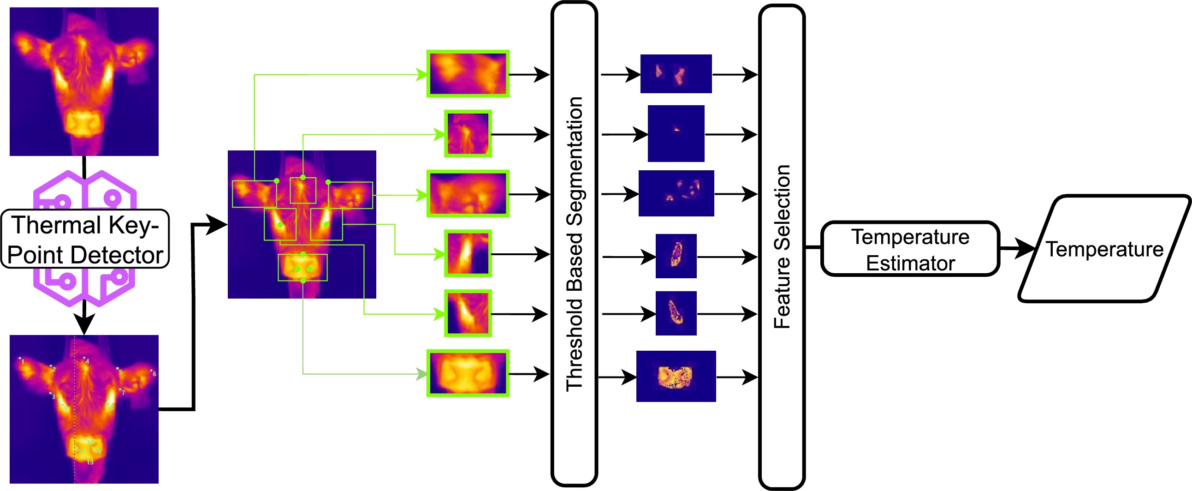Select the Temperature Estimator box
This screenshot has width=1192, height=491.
tap(910, 249)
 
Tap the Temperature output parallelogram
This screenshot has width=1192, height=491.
tap(1104, 249)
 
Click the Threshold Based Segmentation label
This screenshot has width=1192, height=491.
tap(574, 244)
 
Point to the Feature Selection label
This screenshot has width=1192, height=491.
tap(782, 247)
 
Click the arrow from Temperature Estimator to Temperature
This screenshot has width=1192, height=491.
tap(1018, 249)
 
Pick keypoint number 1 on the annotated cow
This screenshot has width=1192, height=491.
tap(20, 359)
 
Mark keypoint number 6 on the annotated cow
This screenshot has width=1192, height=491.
tap(151, 371)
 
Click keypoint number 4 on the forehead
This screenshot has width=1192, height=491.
tap(84, 358)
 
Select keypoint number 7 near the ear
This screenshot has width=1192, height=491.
tap(120, 389)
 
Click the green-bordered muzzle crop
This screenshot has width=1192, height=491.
tap(468, 373)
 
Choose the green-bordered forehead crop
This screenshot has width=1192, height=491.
tap(468, 134)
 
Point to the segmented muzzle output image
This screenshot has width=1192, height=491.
tap(676, 376)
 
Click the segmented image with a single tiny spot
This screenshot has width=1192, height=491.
tap(676, 133)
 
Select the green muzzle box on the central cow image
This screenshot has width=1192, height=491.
tap(302, 267)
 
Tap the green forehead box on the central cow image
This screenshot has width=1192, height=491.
tap(303, 191)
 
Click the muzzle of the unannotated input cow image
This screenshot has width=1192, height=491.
tap(83, 123)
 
